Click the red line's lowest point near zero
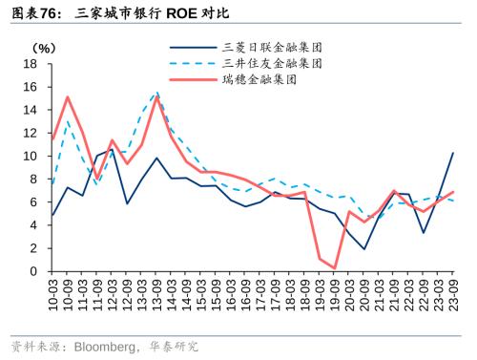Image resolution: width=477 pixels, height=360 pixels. click(334, 268)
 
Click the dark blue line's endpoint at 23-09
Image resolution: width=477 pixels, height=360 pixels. click(452, 153)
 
